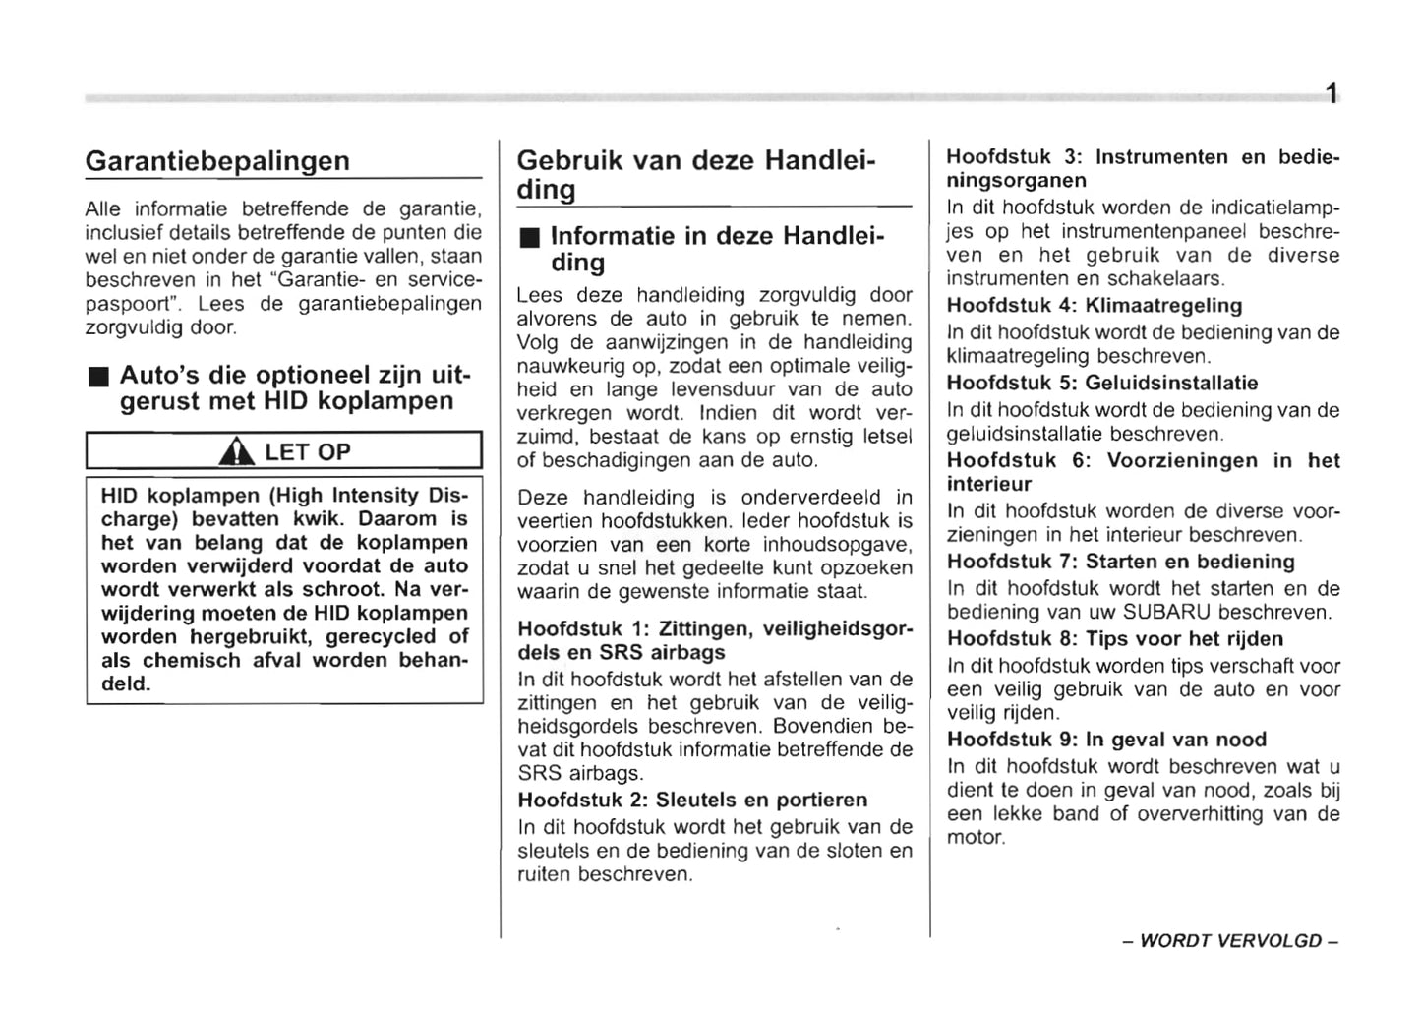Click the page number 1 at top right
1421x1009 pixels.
click(x=1330, y=94)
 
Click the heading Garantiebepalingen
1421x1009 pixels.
click(x=217, y=160)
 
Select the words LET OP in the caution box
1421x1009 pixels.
click(x=307, y=452)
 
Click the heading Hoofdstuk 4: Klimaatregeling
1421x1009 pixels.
click(x=1094, y=306)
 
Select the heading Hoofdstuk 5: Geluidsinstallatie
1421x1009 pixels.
click(x=1101, y=384)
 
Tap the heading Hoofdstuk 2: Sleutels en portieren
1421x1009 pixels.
click(x=692, y=800)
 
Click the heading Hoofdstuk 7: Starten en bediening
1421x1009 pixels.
click(x=1120, y=562)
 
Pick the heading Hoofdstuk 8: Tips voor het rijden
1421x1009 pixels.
click(x=1114, y=639)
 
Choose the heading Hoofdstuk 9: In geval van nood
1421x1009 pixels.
click(x=1105, y=740)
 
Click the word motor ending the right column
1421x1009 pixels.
click(x=975, y=838)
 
